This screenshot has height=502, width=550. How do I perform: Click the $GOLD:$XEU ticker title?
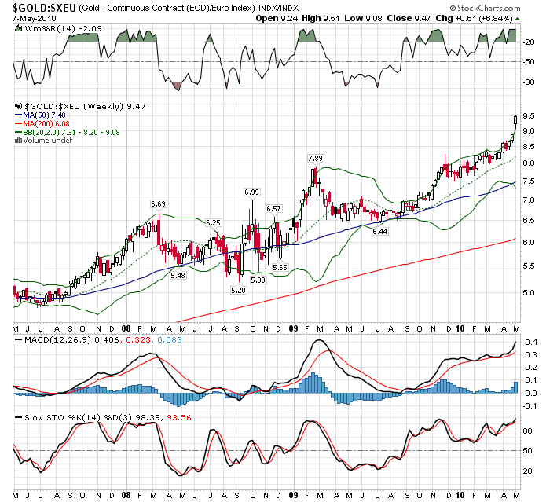tap(44, 7)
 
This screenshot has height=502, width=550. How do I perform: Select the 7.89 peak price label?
tap(315, 159)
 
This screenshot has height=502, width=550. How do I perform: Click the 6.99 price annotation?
tap(251, 192)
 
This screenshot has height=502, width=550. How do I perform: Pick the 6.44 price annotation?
tap(380, 232)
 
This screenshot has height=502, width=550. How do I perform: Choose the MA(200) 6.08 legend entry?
tap(49, 124)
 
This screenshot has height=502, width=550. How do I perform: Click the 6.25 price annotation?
tap(212, 223)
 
